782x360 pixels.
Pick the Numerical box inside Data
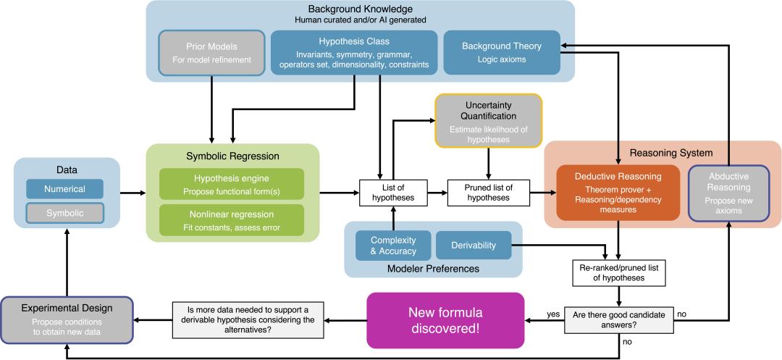64,189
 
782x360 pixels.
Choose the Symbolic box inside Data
64,214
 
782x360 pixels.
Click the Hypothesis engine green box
232,185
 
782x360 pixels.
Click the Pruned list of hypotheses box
488,192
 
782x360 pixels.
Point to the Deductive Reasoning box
618,192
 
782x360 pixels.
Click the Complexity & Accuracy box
393,246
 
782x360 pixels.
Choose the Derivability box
474,246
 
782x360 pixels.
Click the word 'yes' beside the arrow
552,314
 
